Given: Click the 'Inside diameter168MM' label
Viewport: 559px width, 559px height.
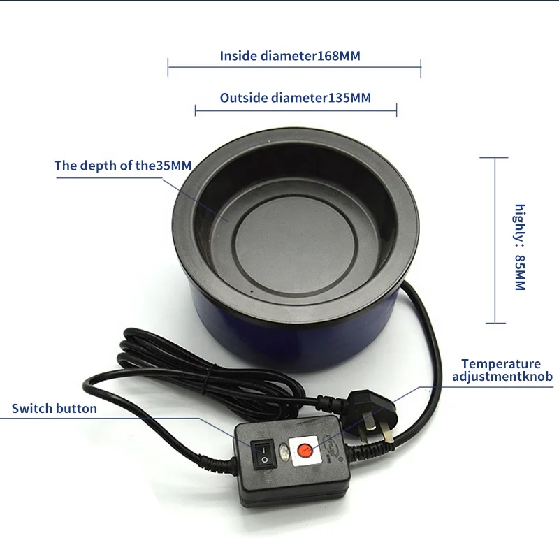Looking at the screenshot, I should coord(290,56).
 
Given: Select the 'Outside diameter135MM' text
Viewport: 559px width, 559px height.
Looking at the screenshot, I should coord(295,98).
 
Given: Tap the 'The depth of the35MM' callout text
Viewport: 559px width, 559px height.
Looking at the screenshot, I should coord(122,166).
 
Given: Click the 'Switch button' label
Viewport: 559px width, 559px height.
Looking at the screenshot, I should coord(55,409).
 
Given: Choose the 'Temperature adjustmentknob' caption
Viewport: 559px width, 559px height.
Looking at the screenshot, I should coord(502,370).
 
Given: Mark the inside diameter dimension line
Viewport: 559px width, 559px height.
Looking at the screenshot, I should coord(294,68).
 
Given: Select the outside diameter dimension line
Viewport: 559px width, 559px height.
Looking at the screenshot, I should coord(296,110).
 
